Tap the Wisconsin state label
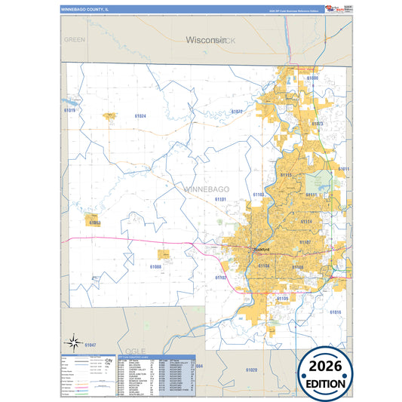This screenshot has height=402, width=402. (x=206, y=39)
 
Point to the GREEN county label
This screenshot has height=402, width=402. (x=75, y=38)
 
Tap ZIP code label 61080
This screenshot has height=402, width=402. (x=312, y=78)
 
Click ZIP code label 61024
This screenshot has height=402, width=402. (x=140, y=116)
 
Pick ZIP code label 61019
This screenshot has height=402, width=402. (x=70, y=110)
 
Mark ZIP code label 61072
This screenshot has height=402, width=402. (x=237, y=112)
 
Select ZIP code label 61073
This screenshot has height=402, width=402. (x=318, y=124)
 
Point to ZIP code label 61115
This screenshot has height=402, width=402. (x=286, y=175)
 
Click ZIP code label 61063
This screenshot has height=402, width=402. (x=94, y=223)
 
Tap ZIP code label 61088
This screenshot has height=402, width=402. (x=155, y=266)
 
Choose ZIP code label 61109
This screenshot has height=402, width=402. (x=282, y=299)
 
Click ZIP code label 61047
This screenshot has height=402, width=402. (x=90, y=345)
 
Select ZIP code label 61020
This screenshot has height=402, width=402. (x=251, y=370)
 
